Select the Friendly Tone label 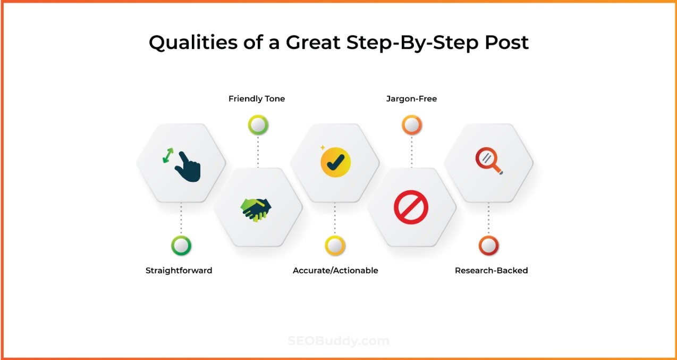pos(257,99)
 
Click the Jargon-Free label pos(411,99)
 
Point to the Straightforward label pos(179,271)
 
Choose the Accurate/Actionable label pos(335,271)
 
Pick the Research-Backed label pos(491,271)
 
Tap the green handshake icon pos(257,209)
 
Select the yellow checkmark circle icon pos(336,162)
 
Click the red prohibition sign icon pos(411,207)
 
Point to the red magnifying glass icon pos(488,161)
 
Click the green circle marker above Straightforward pos(181,246)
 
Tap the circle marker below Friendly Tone pos(258,125)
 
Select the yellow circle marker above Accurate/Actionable pos(335,246)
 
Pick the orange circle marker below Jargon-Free pos(411,125)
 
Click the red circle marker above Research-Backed pos(488,246)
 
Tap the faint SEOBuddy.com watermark pos(338,341)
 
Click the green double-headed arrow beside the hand pos(168,156)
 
